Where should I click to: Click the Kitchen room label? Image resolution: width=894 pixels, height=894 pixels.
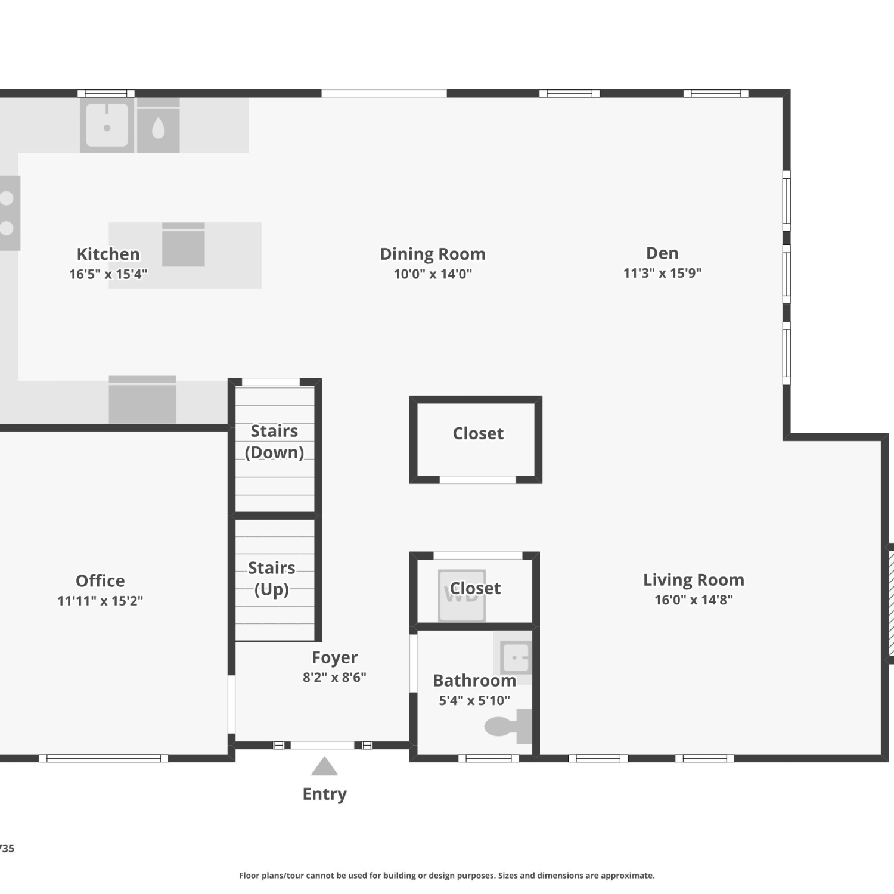point(108,254)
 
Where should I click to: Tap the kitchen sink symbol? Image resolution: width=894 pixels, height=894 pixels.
point(107,125)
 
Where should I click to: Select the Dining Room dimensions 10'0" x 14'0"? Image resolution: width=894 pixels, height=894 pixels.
point(433,274)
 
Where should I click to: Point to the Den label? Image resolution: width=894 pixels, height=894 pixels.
point(662,253)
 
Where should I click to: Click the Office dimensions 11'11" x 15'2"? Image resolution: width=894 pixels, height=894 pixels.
point(100,601)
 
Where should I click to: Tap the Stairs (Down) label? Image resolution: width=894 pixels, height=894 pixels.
point(274,442)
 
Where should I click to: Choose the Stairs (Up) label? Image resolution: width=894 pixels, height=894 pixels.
point(272,579)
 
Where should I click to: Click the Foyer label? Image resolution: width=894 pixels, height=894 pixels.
point(334,657)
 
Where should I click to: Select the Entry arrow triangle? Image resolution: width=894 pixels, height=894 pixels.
point(324,766)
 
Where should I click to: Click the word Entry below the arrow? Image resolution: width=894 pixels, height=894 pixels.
point(324,794)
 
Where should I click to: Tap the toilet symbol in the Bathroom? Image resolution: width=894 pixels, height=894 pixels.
point(508,727)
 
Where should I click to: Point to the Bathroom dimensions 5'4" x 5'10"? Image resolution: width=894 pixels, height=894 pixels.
point(474,701)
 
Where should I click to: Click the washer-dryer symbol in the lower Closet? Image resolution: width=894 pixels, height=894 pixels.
point(462,595)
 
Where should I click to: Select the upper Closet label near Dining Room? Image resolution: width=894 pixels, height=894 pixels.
point(478,433)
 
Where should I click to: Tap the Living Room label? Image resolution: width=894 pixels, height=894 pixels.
point(693,580)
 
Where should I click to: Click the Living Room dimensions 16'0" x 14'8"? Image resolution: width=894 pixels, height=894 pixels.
point(694,600)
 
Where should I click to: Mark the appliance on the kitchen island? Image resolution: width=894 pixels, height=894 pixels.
point(184,244)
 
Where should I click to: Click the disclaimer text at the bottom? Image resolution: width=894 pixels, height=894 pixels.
point(447,876)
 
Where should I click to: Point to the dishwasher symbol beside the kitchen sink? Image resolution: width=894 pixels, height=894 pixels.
point(159,125)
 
